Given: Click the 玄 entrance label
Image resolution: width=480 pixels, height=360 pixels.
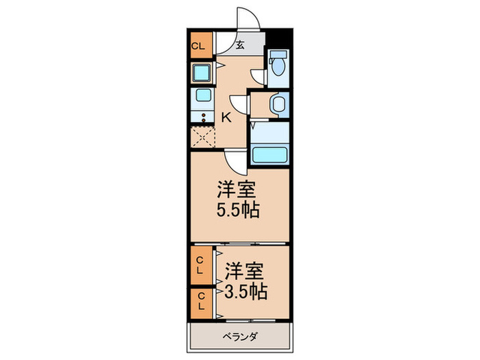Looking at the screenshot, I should [241, 47].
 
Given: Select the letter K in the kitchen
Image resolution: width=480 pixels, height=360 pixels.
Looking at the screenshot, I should [225, 117].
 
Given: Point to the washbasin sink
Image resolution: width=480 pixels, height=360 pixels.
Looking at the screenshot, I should [277, 104].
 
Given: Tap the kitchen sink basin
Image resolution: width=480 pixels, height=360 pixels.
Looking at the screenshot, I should [203, 96].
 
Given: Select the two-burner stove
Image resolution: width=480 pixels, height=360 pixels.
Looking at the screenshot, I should [203, 116].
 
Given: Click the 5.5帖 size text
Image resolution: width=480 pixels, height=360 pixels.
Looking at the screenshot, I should [239, 211].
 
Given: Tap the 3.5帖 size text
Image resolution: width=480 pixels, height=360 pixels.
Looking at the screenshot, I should [245, 291].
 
